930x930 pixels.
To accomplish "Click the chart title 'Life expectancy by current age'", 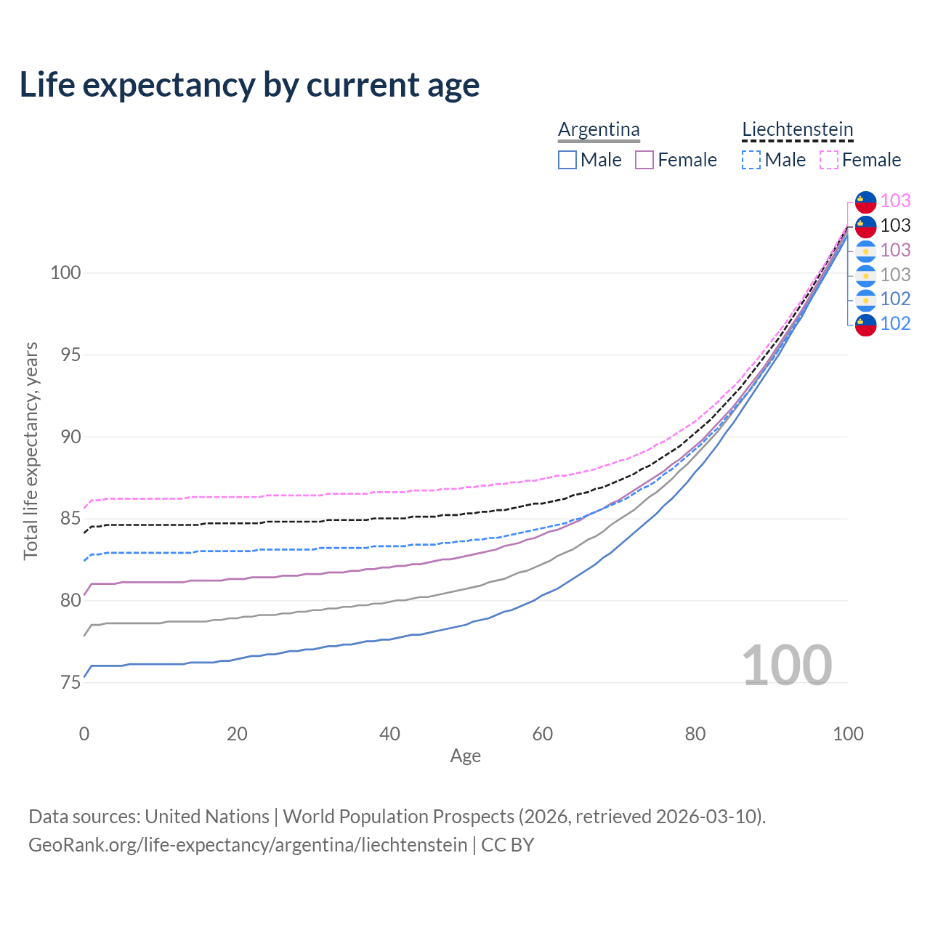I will click(249, 85).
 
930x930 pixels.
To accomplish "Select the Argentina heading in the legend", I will click(599, 129).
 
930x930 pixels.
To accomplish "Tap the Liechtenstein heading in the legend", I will click(797, 129).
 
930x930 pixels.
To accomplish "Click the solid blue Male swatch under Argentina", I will click(567, 160).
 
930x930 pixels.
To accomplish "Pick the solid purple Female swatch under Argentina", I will click(644, 160).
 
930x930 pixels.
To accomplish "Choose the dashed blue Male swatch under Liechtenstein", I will click(751, 160).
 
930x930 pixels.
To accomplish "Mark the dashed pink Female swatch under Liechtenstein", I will click(829, 160).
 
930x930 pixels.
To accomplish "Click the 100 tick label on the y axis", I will click(65, 273).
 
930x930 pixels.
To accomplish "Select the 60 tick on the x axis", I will click(543, 734).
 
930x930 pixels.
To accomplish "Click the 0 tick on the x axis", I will click(84, 734).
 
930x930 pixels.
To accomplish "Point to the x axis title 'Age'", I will click(465, 756).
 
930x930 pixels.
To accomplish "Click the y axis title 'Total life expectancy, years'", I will click(31, 450).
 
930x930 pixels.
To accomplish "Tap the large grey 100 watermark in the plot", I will click(787, 666).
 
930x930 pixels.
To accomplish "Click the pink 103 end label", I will click(895, 201).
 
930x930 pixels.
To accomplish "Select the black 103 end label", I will click(895, 225).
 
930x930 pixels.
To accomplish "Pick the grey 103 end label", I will click(895, 275).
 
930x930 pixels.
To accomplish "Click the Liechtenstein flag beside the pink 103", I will click(865, 201).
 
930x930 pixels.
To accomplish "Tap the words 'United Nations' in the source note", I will click(207, 817).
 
